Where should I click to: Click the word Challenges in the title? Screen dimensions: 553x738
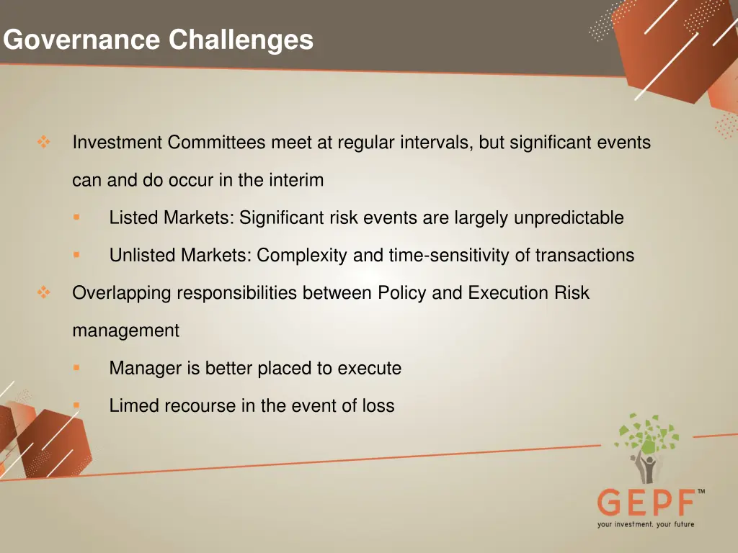pyautogui.click(x=241, y=39)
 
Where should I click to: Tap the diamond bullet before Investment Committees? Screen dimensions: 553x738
pyautogui.click(x=43, y=143)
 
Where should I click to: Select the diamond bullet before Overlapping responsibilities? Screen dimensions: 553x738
pyautogui.click(x=43, y=292)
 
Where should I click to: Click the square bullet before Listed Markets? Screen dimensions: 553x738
pyautogui.click(x=76, y=217)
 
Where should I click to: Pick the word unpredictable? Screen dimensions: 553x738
pyautogui.click(x=569, y=217)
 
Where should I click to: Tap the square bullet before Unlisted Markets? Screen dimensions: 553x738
pyautogui.click(x=76, y=254)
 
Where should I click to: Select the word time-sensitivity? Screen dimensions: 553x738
pyautogui.click(x=443, y=255)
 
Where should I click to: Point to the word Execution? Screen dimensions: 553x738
pyautogui.click(x=508, y=293)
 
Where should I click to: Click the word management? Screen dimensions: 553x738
pyautogui.click(x=125, y=331)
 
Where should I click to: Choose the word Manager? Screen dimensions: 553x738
pyautogui.click(x=145, y=368)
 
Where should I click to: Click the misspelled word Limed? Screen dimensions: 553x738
pyautogui.click(x=134, y=405)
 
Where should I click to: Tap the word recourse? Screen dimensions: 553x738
pyautogui.click(x=200, y=405)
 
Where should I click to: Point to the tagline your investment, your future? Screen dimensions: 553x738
pyautogui.click(x=645, y=524)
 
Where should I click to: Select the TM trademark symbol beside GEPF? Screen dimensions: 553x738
pyautogui.click(x=701, y=491)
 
